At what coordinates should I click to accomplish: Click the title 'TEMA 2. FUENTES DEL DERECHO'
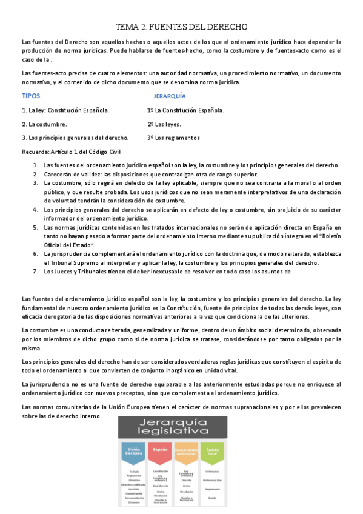182,27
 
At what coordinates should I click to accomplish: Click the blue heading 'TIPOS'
31,96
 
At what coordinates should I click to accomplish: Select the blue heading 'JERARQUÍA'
170,96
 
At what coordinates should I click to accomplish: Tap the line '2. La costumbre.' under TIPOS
44,124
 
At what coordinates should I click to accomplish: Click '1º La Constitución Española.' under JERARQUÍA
185,110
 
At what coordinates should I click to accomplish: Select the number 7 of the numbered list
35,272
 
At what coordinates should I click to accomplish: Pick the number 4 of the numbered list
35,209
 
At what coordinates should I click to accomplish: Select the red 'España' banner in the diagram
160,450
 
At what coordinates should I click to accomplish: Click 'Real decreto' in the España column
160,485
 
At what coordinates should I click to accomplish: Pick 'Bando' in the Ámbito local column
211,498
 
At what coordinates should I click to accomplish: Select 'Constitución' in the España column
160,471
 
